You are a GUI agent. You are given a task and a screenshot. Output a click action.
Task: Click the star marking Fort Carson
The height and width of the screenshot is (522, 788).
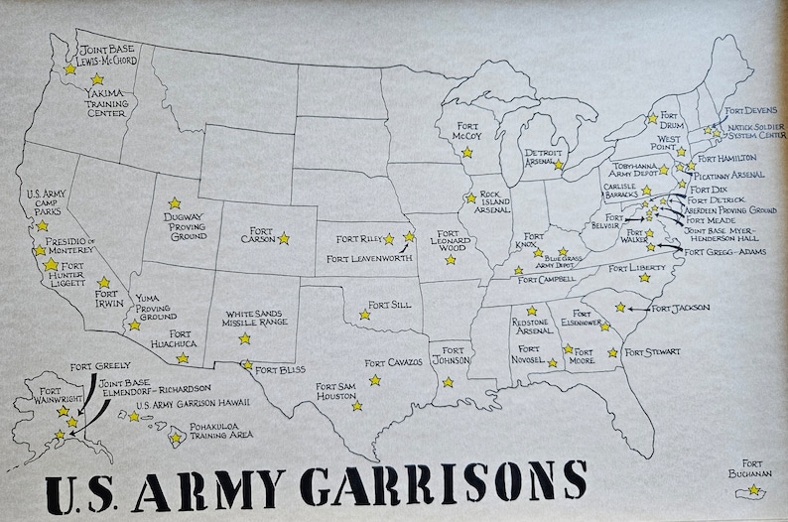[283, 238]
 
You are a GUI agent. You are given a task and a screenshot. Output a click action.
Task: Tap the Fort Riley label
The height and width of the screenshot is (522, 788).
[357, 239]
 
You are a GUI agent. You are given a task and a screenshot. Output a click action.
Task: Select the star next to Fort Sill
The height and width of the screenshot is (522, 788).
[364, 315]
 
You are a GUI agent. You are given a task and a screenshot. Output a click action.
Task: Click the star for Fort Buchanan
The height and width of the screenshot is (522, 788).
[753, 489]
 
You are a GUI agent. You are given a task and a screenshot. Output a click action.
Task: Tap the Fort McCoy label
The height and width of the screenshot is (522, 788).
[466, 130]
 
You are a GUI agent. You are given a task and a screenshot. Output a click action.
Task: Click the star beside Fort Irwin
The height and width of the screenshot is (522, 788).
[104, 282]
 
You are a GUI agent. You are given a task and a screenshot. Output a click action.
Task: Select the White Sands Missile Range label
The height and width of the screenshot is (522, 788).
[256, 319]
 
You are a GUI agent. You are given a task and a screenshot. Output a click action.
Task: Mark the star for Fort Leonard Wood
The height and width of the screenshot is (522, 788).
[450, 260]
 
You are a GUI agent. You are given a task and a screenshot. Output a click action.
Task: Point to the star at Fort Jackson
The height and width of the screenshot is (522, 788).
[620, 308]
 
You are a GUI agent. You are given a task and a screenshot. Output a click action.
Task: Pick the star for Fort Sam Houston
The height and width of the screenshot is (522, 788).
[356, 405]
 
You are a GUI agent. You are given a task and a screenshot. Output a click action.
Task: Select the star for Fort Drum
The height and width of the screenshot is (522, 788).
[652, 118]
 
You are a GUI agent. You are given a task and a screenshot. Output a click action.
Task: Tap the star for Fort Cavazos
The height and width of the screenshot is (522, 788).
[374, 380]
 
